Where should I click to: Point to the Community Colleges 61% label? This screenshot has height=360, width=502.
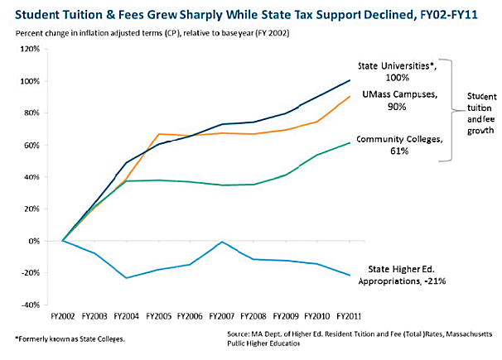396,146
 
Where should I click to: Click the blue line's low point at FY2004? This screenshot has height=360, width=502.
126,277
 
